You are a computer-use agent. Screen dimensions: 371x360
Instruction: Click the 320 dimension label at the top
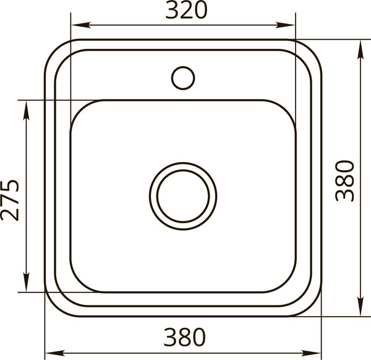[186, 10]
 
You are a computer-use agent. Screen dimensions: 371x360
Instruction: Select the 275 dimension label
[10, 200]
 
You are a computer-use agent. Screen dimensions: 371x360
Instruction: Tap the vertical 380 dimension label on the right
[345, 181]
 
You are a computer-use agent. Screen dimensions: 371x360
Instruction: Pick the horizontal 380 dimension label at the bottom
[184, 337]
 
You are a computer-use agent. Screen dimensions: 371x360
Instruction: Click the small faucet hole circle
[183, 78]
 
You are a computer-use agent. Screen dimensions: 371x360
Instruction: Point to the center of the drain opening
[183, 196]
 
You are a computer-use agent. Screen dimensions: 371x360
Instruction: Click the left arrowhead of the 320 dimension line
[81, 25]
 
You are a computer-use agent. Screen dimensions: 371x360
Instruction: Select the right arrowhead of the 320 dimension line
[285, 25]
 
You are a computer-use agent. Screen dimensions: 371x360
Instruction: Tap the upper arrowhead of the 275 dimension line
[26, 110]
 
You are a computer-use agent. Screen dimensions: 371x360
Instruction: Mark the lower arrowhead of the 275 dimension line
[26, 282]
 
